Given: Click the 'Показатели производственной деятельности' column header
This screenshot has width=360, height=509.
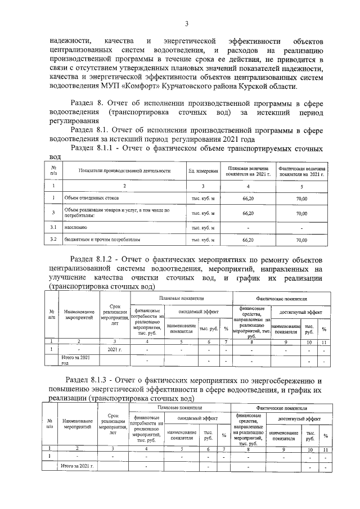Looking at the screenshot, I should (124, 170).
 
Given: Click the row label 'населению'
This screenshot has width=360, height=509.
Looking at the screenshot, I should (76, 227).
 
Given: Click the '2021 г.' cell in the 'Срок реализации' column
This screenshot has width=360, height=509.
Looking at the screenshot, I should (115, 350).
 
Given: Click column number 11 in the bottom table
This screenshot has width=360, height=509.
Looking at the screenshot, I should (324, 448).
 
